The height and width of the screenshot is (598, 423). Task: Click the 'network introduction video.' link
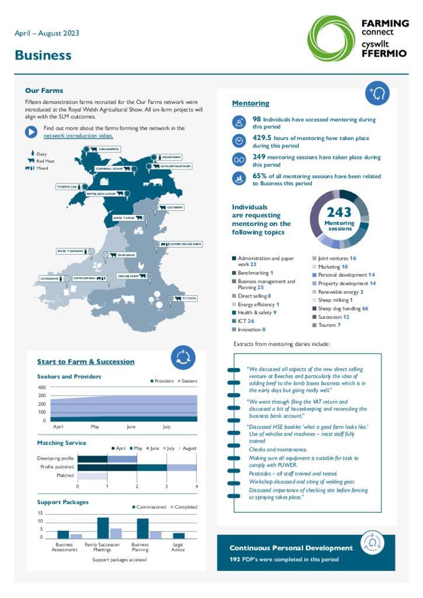[x=78, y=135]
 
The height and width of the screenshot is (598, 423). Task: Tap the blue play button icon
[x=31, y=132]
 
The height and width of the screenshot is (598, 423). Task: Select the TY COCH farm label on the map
[x=189, y=298]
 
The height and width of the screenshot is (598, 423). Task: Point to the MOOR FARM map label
[x=171, y=157]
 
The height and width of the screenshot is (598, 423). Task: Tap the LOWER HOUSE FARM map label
[x=185, y=244]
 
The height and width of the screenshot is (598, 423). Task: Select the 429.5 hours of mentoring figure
[x=262, y=138]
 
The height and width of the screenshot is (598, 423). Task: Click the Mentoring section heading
[x=251, y=103]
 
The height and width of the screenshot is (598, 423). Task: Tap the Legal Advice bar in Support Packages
[x=179, y=535]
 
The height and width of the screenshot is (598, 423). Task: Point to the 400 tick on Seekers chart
[x=41, y=388]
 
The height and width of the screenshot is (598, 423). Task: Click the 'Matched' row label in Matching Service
[x=65, y=476]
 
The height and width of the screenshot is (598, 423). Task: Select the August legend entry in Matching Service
[x=189, y=448]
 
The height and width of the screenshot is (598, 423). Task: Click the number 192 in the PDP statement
[x=236, y=559]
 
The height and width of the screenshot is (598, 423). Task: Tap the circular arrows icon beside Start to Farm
[x=182, y=358]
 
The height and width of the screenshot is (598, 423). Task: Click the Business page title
[x=43, y=55]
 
